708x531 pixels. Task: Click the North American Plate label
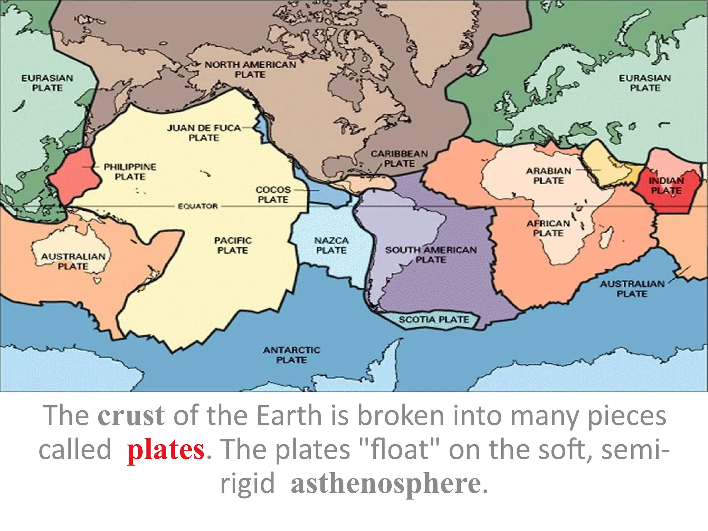tap(250, 69)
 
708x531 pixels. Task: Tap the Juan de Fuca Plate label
tap(204, 133)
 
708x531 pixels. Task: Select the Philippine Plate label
tap(130, 171)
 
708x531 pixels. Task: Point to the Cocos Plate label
tap(273, 195)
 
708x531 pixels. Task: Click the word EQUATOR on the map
tap(198, 206)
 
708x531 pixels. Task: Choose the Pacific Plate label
tap(233, 245)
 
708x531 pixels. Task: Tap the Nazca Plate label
tap(331, 245)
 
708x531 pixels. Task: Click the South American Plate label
tap(431, 254)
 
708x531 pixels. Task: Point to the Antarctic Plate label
tap(291, 355)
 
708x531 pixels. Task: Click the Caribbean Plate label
tap(399, 158)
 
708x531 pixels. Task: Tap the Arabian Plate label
tap(548, 176)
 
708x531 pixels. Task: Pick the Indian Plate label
tap(666, 185)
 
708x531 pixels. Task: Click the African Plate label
tap(548, 228)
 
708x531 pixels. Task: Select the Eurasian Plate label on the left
tap(47, 83)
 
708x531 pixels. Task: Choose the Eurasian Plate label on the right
tap(645, 83)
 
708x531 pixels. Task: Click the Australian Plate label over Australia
tap(73, 261)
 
